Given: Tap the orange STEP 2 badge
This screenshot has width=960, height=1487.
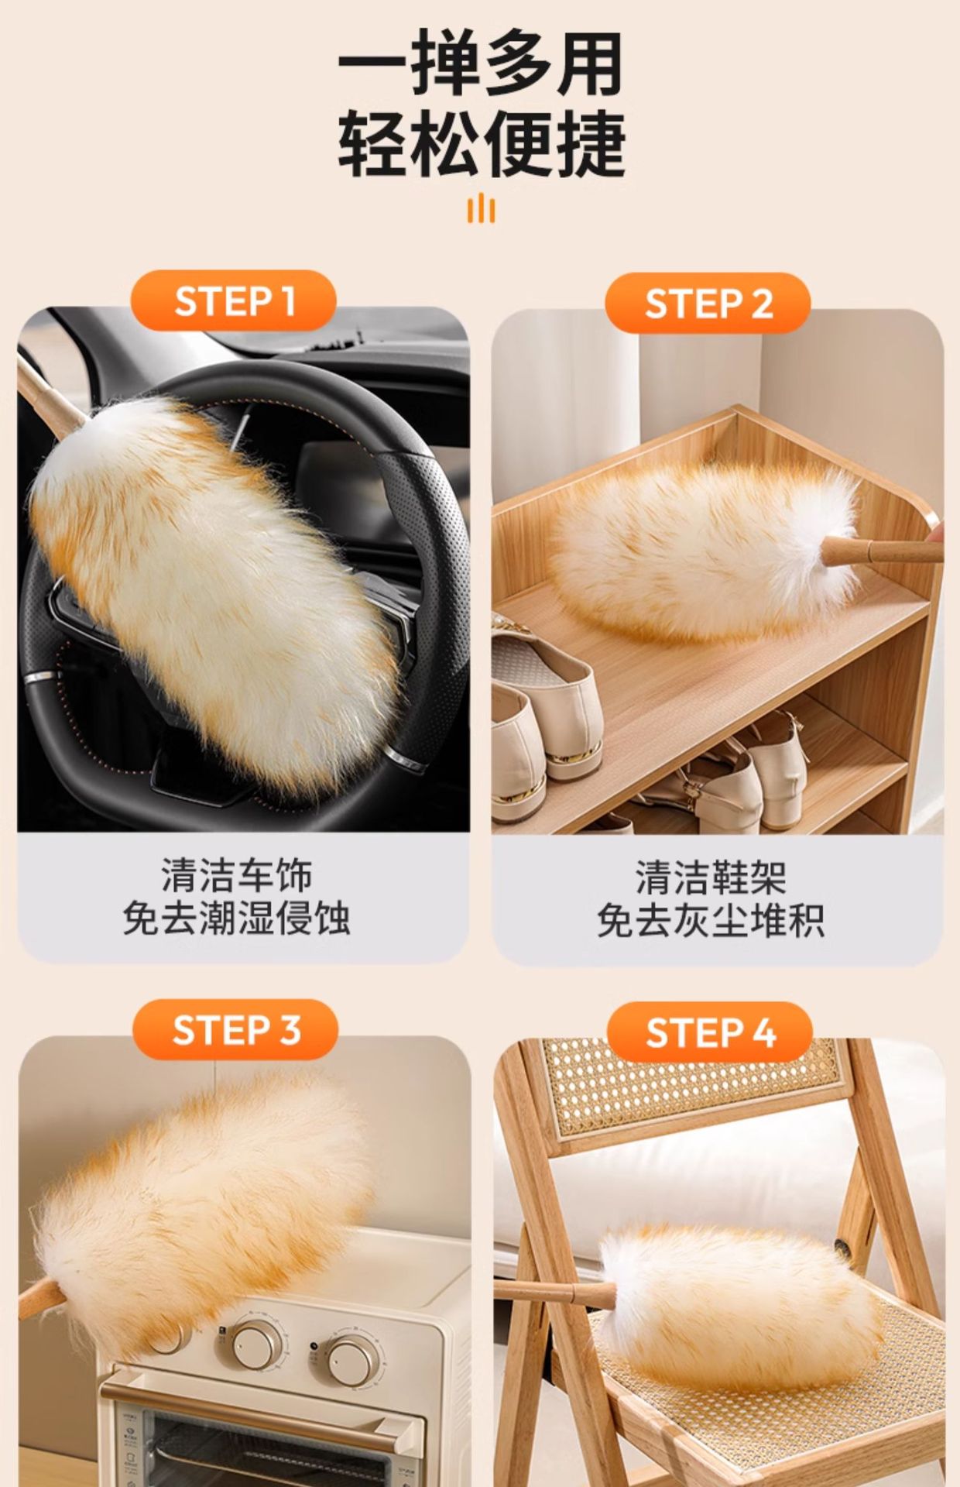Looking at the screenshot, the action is click(708, 303).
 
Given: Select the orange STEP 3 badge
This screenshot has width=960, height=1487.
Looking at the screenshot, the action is click(235, 1030).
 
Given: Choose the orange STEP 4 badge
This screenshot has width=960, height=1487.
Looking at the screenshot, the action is click(710, 1032).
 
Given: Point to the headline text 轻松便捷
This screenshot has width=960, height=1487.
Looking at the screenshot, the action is click(480, 144).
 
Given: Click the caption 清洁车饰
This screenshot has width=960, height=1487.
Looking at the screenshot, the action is click(237, 875).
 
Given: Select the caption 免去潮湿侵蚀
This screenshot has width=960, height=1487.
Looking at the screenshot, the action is click(237, 919).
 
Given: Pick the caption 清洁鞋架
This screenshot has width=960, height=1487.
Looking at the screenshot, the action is click(711, 877).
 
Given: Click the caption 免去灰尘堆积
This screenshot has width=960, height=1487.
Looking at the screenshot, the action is click(711, 921).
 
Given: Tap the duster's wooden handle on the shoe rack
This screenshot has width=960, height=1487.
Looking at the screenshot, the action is click(883, 551).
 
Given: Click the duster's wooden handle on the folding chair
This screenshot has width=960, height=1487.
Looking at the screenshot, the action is click(554, 1291).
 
